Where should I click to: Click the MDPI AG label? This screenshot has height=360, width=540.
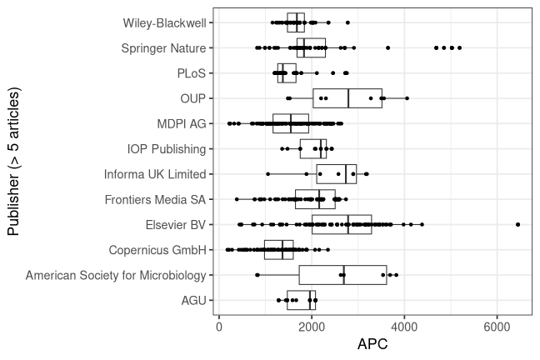click(x=181, y=124)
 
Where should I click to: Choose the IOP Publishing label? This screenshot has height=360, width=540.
click(x=166, y=149)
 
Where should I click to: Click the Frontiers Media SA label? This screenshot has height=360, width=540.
click(x=155, y=199)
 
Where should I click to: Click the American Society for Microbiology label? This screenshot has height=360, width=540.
click(x=116, y=275)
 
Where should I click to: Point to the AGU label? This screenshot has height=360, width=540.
click(x=192, y=300)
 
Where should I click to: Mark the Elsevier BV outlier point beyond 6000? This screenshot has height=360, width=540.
click(x=518, y=225)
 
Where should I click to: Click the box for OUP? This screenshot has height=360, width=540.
click(x=347, y=98)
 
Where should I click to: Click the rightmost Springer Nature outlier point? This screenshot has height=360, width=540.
click(x=459, y=48)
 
